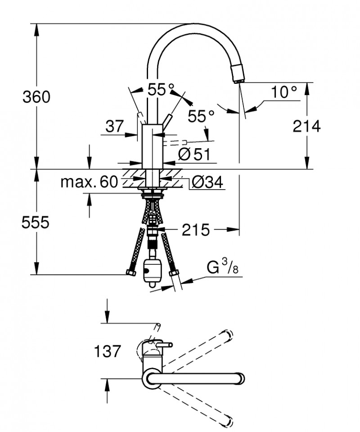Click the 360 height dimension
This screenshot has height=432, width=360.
click(36, 97)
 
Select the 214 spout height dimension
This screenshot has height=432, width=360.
click(306, 127)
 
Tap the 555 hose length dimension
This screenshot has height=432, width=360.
click(35, 222)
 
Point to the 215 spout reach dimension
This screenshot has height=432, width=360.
click(196, 230)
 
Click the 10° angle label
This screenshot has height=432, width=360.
click(284, 92)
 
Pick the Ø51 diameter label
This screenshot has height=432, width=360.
click(194, 155)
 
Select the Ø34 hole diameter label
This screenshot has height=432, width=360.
click(207, 182)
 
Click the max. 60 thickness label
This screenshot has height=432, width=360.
click(89, 182)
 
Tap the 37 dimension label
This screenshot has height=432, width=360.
click(115, 127)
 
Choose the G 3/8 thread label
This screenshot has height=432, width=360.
click(222, 269)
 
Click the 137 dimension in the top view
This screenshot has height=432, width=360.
click(108, 351)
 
